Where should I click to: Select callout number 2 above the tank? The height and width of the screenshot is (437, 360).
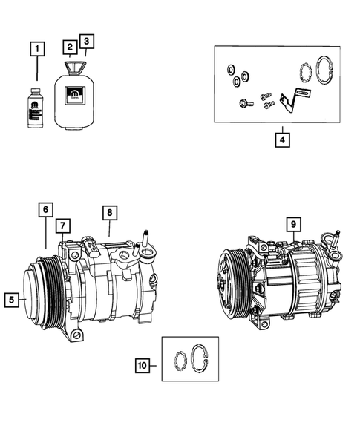(x=69, y=46)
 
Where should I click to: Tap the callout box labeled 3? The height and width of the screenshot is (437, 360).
(x=88, y=41)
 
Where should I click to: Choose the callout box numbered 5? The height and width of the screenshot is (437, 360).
(x=11, y=300)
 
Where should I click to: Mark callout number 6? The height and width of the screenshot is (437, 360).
(x=45, y=210)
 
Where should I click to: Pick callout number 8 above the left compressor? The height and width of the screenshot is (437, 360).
(x=109, y=213)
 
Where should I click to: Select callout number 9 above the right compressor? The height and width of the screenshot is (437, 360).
(x=293, y=223)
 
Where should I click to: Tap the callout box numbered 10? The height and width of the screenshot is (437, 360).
(x=143, y=365)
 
